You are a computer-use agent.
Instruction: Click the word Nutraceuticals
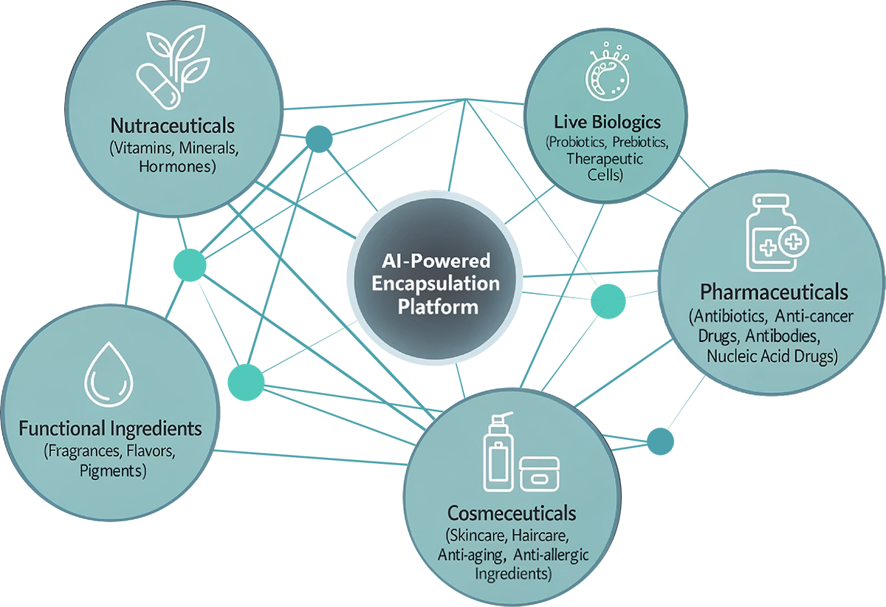[173, 126]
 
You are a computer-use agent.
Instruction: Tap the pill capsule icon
[159, 87]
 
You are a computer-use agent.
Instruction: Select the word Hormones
[176, 167]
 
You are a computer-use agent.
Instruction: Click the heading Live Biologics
[607, 123]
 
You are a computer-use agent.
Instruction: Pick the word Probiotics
[577, 142]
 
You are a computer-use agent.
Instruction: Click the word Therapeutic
[605, 159]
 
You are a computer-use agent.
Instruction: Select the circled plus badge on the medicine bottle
[794, 241]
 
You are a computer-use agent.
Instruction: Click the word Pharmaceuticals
[774, 292]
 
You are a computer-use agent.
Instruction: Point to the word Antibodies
[783, 336]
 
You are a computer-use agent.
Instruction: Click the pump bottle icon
[498, 451]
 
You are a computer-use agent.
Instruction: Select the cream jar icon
[540, 474]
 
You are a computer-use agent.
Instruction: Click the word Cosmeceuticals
[512, 514]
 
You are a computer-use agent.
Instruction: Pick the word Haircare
[540, 536]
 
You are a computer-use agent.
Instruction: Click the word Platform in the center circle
[438, 307]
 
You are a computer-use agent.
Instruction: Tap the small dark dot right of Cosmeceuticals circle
[660, 441]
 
